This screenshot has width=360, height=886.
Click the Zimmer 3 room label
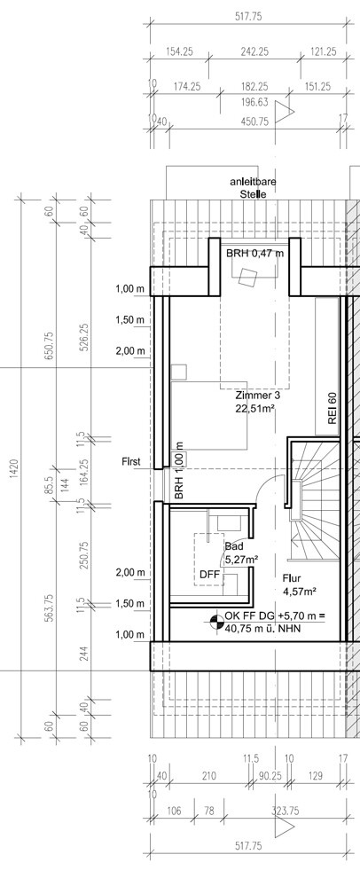point(258,396)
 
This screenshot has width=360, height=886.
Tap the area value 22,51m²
point(255,407)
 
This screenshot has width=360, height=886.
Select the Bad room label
point(233,547)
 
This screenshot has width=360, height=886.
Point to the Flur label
point(292,578)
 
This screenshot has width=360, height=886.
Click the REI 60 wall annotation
point(333,408)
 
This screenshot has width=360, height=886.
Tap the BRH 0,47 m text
point(254,253)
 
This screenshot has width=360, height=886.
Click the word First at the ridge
point(132,462)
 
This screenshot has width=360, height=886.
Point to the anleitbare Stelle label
point(253,188)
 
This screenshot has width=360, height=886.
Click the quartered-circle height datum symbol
point(215,621)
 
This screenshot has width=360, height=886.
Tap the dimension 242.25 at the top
point(254,51)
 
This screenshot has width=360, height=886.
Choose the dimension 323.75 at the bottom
point(286,811)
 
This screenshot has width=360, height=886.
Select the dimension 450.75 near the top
point(254,121)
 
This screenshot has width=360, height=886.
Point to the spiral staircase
point(314,498)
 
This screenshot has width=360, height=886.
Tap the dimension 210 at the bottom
point(208,776)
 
